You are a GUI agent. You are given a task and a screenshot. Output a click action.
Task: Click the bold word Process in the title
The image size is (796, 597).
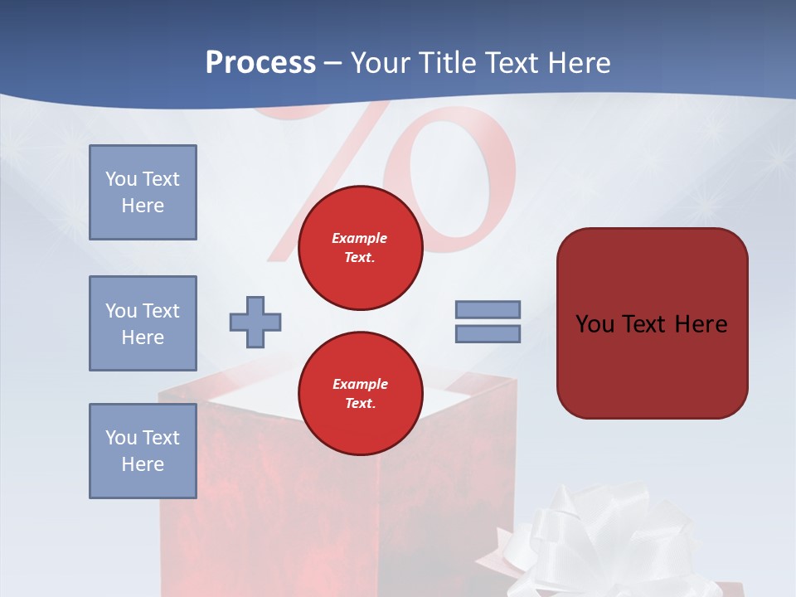[x=260, y=63]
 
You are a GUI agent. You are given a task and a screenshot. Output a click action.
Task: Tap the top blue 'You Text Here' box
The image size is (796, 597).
[x=143, y=192]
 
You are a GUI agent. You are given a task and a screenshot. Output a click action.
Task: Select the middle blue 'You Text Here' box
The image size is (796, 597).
[x=143, y=323]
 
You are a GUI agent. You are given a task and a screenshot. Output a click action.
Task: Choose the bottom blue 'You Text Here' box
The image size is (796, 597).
[x=143, y=451]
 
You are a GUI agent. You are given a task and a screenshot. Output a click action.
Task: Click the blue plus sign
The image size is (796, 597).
[x=255, y=322]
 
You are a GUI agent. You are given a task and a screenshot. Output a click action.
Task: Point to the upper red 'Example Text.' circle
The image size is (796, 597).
[x=360, y=248]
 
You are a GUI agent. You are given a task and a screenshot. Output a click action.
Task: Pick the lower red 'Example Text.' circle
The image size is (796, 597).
[x=360, y=394]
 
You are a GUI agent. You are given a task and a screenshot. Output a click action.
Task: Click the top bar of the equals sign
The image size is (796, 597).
[x=488, y=309]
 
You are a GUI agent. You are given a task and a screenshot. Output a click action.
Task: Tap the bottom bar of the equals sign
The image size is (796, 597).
[x=488, y=334]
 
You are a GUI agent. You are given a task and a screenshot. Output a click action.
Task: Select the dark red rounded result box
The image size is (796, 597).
[x=652, y=365]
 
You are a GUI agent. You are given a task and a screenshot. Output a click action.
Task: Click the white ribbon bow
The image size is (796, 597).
[x=597, y=539]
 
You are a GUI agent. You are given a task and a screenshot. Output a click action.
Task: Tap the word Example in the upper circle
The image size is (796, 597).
[x=360, y=238]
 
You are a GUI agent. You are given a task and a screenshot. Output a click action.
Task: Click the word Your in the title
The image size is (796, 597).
[x=381, y=63]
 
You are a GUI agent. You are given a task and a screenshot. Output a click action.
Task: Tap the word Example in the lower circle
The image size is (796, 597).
[x=360, y=384]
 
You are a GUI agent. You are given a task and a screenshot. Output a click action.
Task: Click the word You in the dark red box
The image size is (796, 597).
[x=595, y=324]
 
